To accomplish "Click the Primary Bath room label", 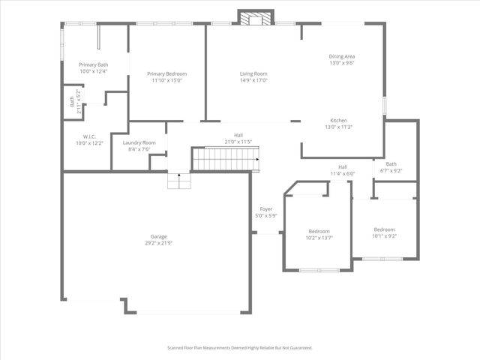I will (94, 65).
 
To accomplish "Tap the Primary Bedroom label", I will (166, 73).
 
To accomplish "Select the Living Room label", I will (253, 73).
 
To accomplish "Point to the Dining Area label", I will (341, 57).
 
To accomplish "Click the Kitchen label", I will (338, 121).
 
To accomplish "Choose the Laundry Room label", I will (139, 142).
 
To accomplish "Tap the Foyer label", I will (266, 208).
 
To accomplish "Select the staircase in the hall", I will (225, 159).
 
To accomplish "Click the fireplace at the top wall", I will (256, 18).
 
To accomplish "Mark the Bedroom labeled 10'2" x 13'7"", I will (319, 231).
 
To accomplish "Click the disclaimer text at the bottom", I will (239, 348).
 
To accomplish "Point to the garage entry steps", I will (177, 181).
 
